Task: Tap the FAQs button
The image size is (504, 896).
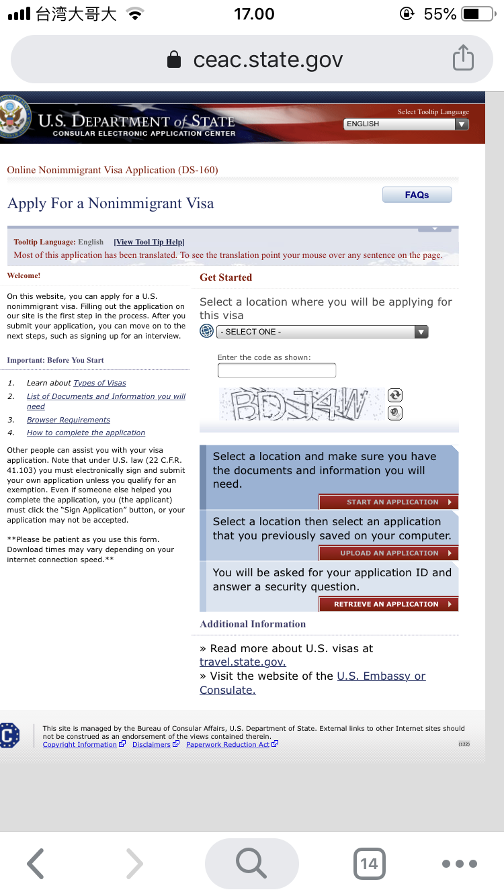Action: tap(417, 195)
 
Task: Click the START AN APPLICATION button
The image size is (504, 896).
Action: tap(388, 502)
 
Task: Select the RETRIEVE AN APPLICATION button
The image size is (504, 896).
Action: tap(388, 604)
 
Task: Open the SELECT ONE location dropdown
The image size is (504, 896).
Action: tap(322, 332)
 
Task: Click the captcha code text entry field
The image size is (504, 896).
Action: tap(276, 370)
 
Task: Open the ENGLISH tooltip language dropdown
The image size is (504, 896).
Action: tap(406, 124)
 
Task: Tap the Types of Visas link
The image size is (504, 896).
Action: tap(99, 383)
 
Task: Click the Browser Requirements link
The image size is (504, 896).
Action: tap(68, 420)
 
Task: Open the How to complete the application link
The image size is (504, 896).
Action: tap(85, 433)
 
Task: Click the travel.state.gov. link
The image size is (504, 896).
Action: tap(243, 662)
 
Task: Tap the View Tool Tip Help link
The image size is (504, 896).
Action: tap(149, 242)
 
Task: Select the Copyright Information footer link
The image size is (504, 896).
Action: tap(79, 744)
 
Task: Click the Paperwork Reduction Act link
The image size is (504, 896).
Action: tap(227, 744)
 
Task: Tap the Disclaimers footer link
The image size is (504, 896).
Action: tap(151, 744)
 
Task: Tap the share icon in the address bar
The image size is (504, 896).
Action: tap(463, 59)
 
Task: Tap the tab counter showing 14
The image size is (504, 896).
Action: tap(369, 863)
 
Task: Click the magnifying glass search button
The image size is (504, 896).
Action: tap(251, 863)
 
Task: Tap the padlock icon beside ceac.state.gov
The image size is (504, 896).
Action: tap(174, 60)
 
